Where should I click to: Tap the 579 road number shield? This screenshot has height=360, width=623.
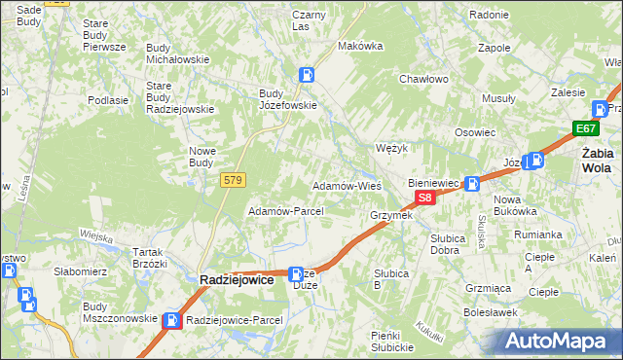(x=233, y=180)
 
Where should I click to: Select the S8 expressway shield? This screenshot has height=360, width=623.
(x=424, y=198)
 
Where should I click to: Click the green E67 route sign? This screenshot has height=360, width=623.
(x=585, y=128)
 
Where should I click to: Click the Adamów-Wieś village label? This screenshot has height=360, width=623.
(x=346, y=185)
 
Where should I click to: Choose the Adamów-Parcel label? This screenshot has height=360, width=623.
(x=279, y=211)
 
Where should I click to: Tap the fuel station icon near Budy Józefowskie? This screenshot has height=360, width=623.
(x=307, y=74)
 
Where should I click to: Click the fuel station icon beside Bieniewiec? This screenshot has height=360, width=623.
(x=472, y=183)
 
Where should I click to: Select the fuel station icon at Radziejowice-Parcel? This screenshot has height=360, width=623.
(x=172, y=320)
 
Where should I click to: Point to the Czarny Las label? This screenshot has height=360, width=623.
(x=308, y=20)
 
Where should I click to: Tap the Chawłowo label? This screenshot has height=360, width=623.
(x=422, y=80)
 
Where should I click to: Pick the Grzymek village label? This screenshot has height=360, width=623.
(x=391, y=215)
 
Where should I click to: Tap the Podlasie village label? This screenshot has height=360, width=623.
(x=108, y=100)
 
